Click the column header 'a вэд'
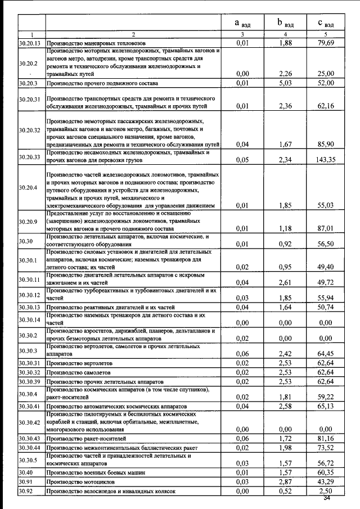point(243,23)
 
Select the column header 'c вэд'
point(326,23)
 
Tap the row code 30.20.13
point(29,43)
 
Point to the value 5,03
point(286,83)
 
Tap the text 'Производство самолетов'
point(78,372)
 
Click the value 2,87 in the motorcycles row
point(286,483)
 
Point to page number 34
point(328,498)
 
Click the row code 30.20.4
point(28,187)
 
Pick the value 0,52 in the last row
point(286,492)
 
